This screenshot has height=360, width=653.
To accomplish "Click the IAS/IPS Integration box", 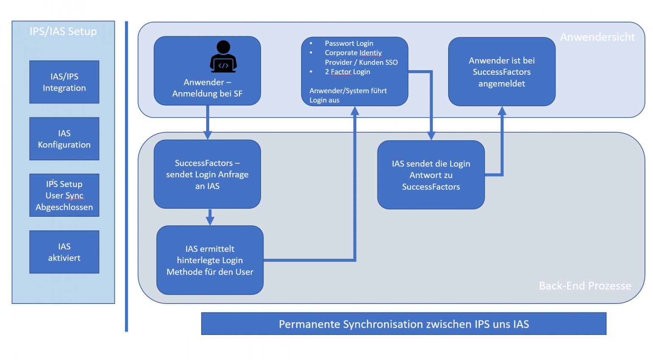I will pos(64,82).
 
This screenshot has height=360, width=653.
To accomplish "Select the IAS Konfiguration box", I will pos(64,139).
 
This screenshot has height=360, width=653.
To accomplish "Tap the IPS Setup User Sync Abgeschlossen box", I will pos(64,196).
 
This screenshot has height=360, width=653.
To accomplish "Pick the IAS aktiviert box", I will pos(64,252).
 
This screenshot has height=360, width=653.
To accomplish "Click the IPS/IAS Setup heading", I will pos(63,31).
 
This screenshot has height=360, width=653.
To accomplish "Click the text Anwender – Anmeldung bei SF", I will pos(207,88).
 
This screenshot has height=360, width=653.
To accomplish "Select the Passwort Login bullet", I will pos(349,43).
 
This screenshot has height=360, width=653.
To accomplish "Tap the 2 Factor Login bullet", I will pos(347,72).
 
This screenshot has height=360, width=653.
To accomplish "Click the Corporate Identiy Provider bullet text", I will pos(361,57).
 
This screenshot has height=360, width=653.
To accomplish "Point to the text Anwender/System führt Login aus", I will pos(348,95).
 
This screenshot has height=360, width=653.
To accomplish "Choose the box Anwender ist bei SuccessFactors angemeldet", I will pos(502,72).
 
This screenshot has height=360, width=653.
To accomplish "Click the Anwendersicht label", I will pos(597,37).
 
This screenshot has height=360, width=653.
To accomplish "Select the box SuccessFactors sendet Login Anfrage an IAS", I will pos(207,174).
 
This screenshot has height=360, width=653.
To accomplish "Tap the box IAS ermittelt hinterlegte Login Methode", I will pos(210,260).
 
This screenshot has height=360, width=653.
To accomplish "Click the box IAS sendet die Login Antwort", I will pos(431,175).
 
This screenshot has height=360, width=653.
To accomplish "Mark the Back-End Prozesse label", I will pos(585,286).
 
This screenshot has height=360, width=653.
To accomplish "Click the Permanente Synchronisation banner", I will pos(403,324).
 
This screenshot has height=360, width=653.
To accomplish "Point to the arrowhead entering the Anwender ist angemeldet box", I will pos(502,111).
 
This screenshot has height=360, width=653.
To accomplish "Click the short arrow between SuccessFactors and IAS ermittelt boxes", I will pos(210,217).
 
